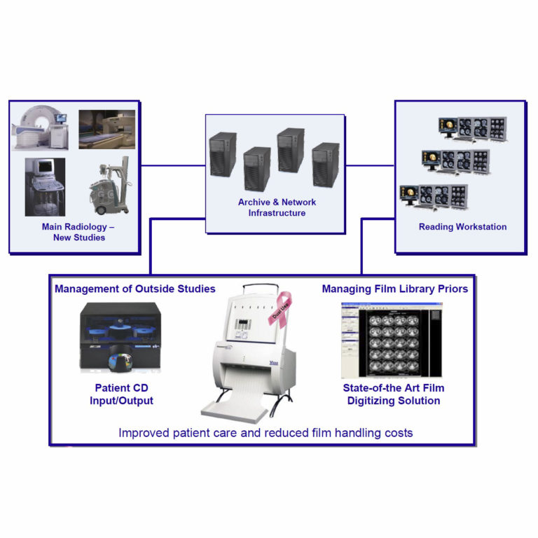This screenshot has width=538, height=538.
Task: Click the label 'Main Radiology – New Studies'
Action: tap(79, 233)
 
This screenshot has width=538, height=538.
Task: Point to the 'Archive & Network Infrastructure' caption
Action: tap(277, 207)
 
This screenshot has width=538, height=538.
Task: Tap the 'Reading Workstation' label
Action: tap(462, 227)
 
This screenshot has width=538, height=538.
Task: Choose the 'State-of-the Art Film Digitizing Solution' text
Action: tap(393, 394)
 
